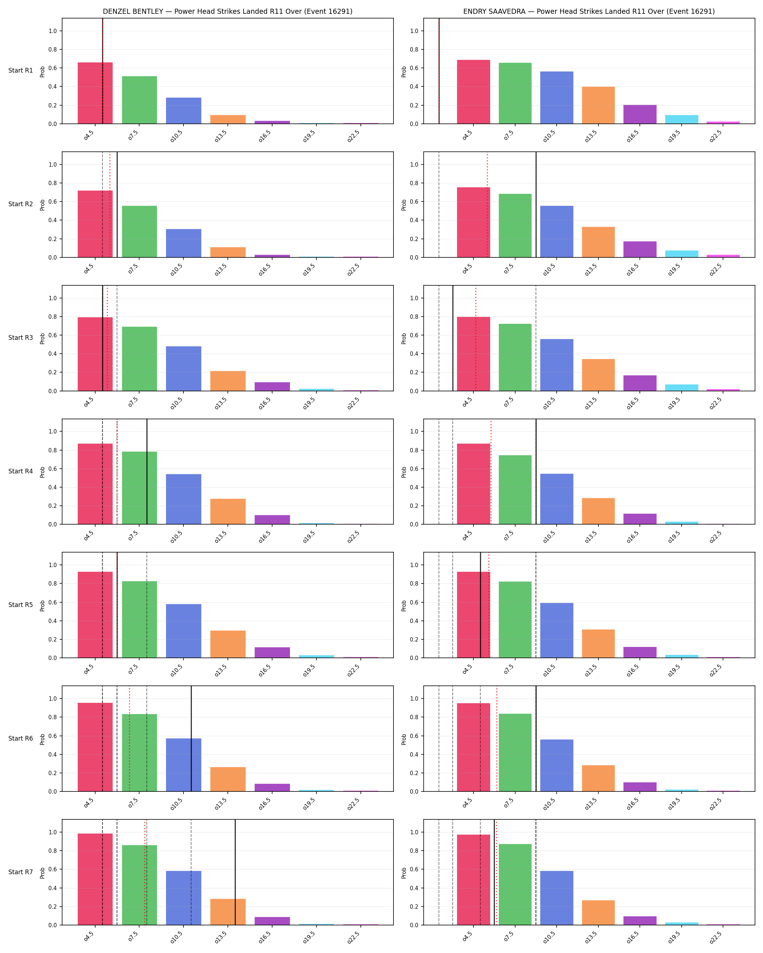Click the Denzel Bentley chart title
[227, 12]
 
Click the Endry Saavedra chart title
[589, 12]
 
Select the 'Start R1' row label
[20, 71]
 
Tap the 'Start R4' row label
[20, 471]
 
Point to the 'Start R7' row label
[20, 872]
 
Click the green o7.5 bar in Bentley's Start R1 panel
[139, 100]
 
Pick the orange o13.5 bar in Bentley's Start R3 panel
[228, 381]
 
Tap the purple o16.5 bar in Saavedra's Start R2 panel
[640, 249]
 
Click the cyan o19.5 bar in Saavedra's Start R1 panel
[682, 119]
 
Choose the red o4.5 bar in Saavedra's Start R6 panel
[473, 748]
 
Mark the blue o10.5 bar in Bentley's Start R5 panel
[183, 631]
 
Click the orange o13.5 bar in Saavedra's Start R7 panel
[598, 913]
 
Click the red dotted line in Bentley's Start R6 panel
[129, 738]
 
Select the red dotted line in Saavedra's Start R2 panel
[488, 205]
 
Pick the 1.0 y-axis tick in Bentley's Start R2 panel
[53, 164]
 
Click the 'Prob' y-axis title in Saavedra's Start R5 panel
[404, 606]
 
